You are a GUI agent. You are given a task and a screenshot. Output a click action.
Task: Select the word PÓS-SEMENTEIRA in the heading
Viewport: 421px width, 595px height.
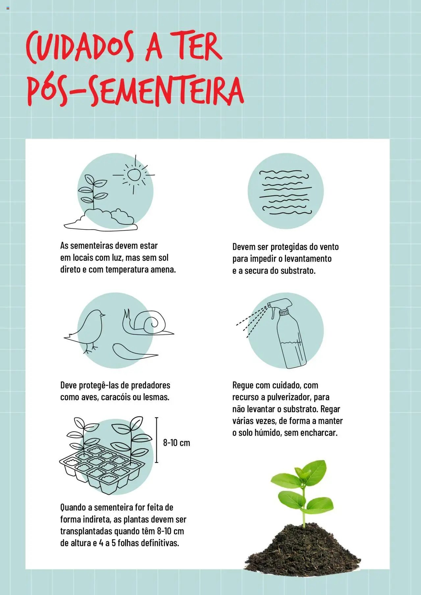point(135,91)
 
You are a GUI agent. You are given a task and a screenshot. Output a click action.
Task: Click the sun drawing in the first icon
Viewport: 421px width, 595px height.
point(134,175)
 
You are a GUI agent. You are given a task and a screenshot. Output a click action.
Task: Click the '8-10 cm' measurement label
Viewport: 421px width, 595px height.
point(177,442)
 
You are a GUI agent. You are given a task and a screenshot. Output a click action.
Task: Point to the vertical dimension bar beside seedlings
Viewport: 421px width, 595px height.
point(157,440)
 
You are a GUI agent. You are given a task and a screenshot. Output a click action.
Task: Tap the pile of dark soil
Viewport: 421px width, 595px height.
point(303,547)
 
